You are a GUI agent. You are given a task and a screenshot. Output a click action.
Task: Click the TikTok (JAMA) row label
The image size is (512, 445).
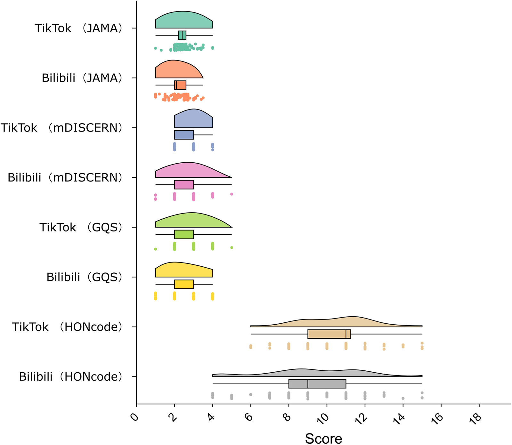[x=78, y=28]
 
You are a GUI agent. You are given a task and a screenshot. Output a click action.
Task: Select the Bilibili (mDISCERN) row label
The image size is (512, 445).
[x=65, y=177]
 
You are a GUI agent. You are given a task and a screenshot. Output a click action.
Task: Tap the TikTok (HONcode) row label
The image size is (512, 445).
[x=67, y=327]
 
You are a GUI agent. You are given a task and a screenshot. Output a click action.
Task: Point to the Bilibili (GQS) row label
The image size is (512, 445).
[x=85, y=277]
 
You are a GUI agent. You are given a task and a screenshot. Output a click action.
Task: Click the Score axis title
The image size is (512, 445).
[x=323, y=438]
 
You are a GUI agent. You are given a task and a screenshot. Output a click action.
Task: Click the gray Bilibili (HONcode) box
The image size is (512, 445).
[x=317, y=384]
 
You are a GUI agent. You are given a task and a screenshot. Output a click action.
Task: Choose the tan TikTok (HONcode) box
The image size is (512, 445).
[x=329, y=334]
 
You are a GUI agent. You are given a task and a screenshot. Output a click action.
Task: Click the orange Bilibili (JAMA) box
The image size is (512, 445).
[x=180, y=85]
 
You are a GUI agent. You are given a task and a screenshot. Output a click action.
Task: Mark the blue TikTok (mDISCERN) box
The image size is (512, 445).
[x=184, y=135]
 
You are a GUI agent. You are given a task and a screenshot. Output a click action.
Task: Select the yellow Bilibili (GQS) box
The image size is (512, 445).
[x=184, y=284]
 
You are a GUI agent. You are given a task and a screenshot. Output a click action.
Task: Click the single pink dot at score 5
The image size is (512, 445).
[x=232, y=194]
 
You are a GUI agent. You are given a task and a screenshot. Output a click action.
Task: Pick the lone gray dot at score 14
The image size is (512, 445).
[x=403, y=398]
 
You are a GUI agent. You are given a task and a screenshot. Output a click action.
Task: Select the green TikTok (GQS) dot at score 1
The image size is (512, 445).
[x=155, y=249]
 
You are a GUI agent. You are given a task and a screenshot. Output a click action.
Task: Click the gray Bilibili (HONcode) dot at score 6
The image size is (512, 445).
[x=251, y=394]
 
